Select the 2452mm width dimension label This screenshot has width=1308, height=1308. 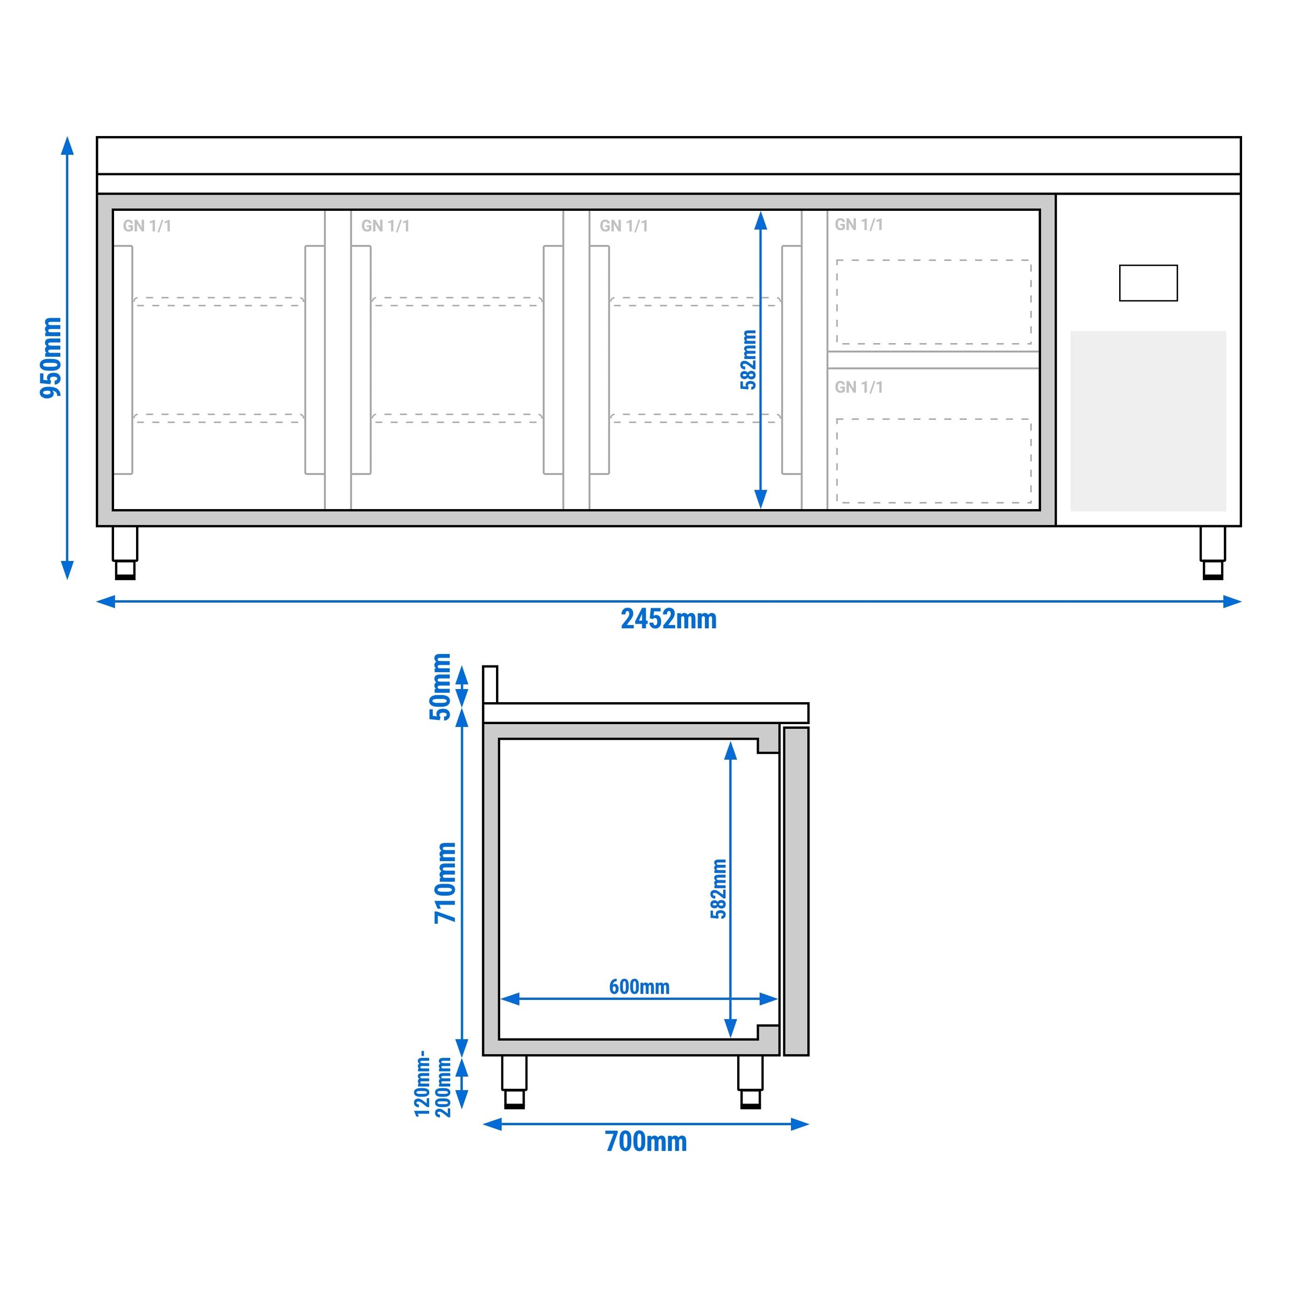click(x=668, y=619)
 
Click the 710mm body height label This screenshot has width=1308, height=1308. click(x=445, y=882)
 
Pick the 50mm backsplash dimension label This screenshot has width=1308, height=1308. click(x=441, y=686)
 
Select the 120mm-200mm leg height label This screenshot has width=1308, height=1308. click(x=433, y=1083)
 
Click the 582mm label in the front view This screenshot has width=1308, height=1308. click(x=748, y=359)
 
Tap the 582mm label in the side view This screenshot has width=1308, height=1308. click(x=719, y=889)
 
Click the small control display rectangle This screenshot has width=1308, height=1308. click(x=1148, y=283)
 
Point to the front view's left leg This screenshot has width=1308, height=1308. click(x=125, y=552)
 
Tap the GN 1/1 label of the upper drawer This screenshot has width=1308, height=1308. click(x=859, y=225)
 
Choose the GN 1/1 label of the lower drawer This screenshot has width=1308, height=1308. click(x=859, y=387)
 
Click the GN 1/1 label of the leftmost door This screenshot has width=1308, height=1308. click(x=147, y=226)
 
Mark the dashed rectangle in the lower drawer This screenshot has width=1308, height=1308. click(x=933, y=460)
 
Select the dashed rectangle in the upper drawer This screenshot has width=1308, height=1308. click(x=933, y=302)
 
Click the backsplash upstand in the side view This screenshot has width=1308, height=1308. click(x=490, y=684)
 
